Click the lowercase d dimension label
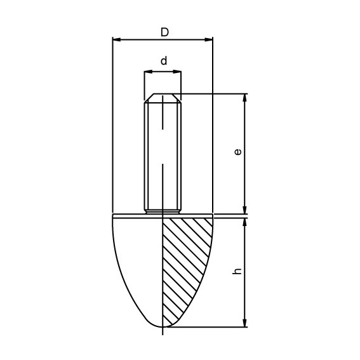[x=163, y=62]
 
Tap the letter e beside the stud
[x=237, y=152]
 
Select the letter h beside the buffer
[x=237, y=271]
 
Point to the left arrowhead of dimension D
[x=116, y=39]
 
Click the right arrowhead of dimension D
[x=209, y=39]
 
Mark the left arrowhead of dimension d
[x=147, y=72]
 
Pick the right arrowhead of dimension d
[x=178, y=72]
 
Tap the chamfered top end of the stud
[x=163, y=98]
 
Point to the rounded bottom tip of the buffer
[x=163, y=326]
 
